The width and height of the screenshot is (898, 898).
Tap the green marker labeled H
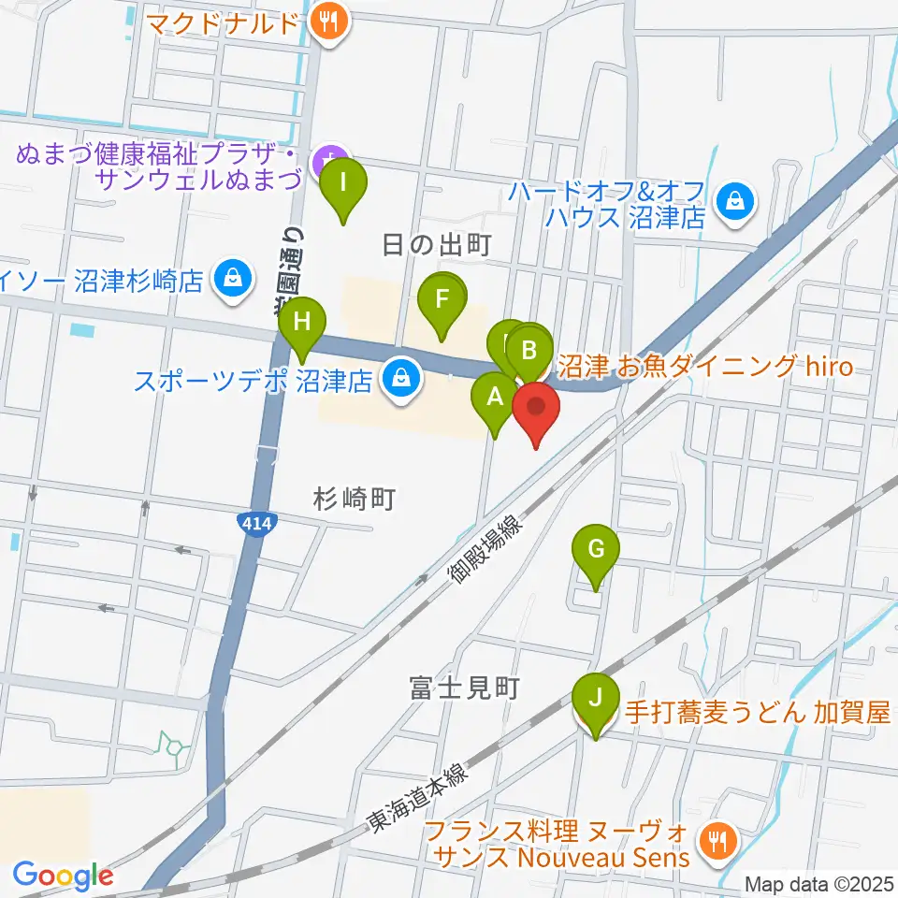tap(301, 325)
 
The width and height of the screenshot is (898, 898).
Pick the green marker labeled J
tap(595, 700)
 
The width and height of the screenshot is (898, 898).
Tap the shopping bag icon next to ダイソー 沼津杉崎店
tap(229, 278)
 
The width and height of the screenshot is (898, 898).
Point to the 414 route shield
tap(254, 524)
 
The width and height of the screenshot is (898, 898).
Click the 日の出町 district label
tap(437, 245)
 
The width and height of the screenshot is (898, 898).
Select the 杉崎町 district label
tap(356, 500)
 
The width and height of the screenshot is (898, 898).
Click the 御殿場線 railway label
tap(486, 554)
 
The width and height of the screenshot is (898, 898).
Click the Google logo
tap(64, 876)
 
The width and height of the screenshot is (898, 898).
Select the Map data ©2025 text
tap(818, 883)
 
